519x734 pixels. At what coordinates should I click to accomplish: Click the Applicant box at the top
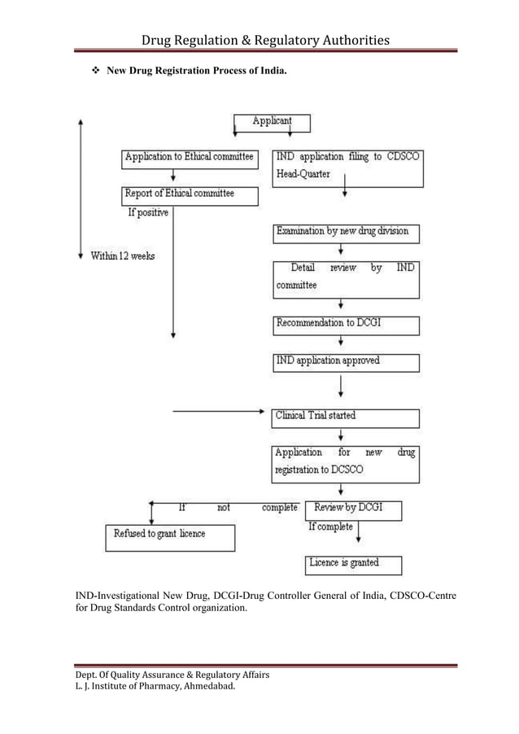(x=272, y=123)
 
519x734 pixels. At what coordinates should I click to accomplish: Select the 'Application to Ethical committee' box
(x=189, y=158)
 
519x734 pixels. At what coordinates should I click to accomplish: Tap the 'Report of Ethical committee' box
(x=189, y=195)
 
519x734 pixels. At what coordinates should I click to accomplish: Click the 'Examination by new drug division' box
(x=346, y=233)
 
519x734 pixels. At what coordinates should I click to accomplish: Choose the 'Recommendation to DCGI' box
(x=346, y=325)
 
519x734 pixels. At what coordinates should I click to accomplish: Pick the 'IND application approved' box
(x=346, y=362)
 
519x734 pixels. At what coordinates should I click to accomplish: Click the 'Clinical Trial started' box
(x=346, y=417)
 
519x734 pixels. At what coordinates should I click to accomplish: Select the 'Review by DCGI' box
(x=353, y=510)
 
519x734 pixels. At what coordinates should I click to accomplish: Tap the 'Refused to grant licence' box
(x=170, y=536)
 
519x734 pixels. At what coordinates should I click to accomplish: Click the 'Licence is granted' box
(x=353, y=564)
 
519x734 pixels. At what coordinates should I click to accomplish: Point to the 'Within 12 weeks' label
(x=122, y=256)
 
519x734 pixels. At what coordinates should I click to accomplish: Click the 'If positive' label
(x=148, y=214)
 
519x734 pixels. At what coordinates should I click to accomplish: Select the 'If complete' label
(x=330, y=527)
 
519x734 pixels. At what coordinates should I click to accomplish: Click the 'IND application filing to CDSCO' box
(x=346, y=166)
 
